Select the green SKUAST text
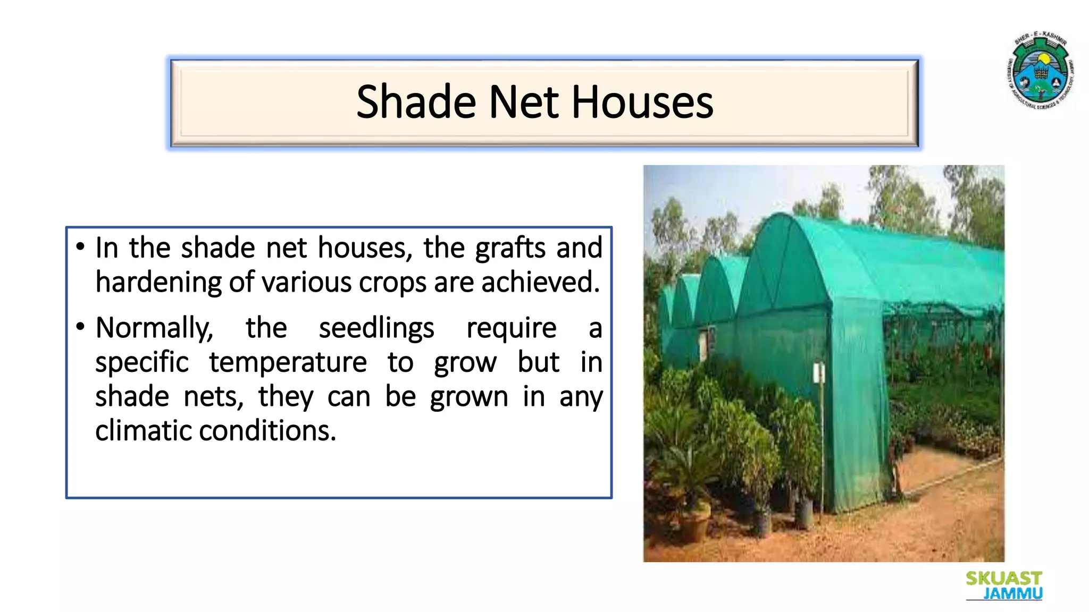pyautogui.click(x=1003, y=579)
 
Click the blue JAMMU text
pyautogui.click(x=1012, y=593)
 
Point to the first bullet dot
pyautogui.click(x=80, y=246)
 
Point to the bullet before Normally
pyautogui.click(x=80, y=326)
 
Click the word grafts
pyautogui.click(x=510, y=249)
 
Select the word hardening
pyautogui.click(x=158, y=283)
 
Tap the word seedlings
pyautogui.click(x=376, y=328)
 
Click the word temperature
pyautogui.click(x=288, y=363)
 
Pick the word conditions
pyautogui.click(x=267, y=431)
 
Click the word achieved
pyautogui.click(x=540, y=283)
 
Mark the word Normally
pyautogui.click(x=154, y=328)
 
